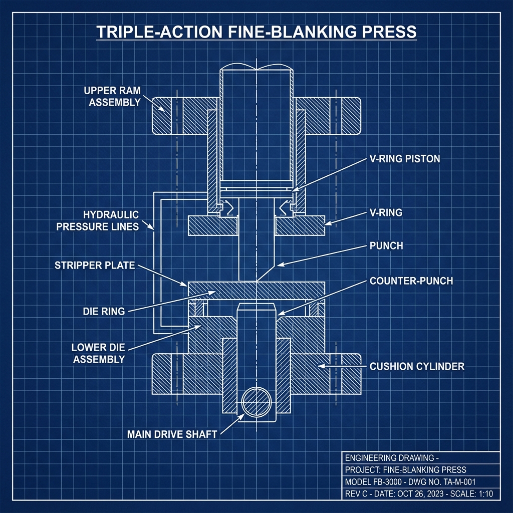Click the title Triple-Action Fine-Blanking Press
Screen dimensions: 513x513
pyautogui.click(x=256, y=32)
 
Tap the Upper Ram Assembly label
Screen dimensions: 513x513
pyautogui.click(x=112, y=96)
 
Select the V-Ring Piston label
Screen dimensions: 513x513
pyautogui.click(x=405, y=159)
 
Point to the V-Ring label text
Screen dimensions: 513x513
pyautogui.click(x=386, y=212)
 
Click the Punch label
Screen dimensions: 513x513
pyautogui.click(x=386, y=246)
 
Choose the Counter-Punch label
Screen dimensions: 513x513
pyautogui.click(x=411, y=281)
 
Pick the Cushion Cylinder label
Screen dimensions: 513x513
pyautogui.click(x=417, y=367)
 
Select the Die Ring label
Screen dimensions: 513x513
pyautogui.click(x=103, y=311)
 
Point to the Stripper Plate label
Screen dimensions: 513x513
pyautogui.click(x=95, y=265)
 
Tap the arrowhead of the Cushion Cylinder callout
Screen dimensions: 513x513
pyautogui.click(x=321, y=366)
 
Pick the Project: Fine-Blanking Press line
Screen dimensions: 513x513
pyautogui.click(x=406, y=470)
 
